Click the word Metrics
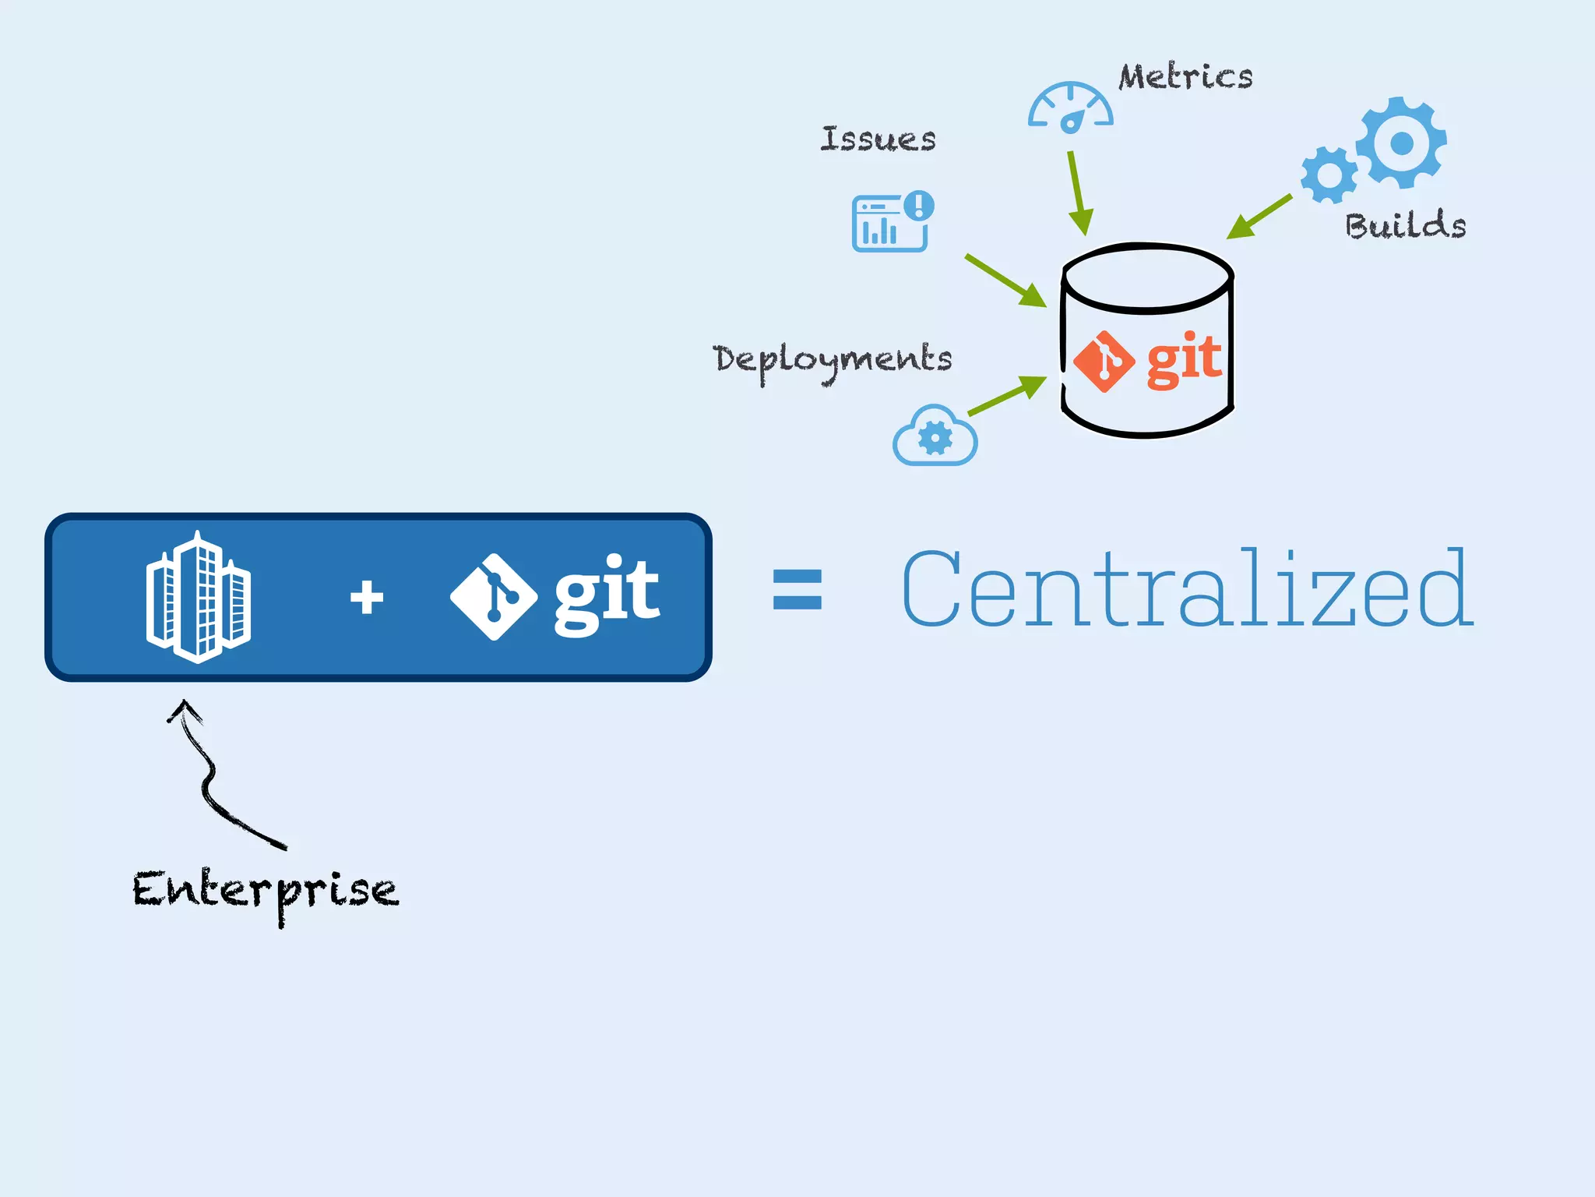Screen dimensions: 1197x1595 pos(1185,77)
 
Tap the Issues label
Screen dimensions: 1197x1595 pos(878,139)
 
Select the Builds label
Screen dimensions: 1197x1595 pos(1405,225)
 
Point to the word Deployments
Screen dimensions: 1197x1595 pos(832,359)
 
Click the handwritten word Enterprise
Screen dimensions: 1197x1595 pos(265,891)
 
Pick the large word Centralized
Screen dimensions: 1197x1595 pos(1186,589)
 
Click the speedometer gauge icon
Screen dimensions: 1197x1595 pos(1071,108)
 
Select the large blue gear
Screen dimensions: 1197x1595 pos(1401,143)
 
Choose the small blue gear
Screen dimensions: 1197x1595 pos(1329,175)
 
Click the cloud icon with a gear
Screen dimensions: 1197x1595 pos(935,436)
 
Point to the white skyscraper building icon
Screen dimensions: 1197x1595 pos(199,598)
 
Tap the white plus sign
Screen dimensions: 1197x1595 pos(366,598)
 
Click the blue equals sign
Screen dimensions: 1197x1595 pos(797,590)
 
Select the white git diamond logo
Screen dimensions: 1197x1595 pos(494,597)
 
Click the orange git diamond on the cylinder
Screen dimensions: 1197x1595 pos(1104,362)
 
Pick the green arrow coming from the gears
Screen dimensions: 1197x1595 pos(1259,216)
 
